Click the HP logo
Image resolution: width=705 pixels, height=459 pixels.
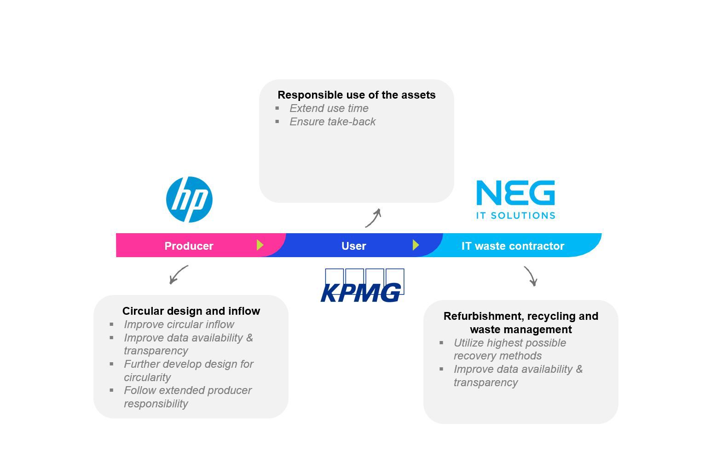click(189, 200)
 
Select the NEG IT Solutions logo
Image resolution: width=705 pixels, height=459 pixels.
click(515, 199)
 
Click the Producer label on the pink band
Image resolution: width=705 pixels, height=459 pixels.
click(189, 246)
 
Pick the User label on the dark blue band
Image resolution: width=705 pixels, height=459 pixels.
click(353, 246)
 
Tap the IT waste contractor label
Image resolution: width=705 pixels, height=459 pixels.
click(513, 246)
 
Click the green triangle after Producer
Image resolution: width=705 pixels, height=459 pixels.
click(260, 245)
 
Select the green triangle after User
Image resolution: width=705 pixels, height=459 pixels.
click(416, 245)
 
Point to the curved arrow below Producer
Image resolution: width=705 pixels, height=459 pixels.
click(178, 274)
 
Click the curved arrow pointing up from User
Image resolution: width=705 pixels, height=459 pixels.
click(374, 218)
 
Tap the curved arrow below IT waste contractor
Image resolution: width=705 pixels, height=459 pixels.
click(531, 276)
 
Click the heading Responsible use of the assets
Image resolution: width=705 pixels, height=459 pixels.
click(356, 95)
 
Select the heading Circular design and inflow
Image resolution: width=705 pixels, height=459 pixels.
click(191, 311)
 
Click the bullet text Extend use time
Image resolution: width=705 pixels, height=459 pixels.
click(329, 108)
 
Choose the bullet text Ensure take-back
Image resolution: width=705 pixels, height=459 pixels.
click(332, 122)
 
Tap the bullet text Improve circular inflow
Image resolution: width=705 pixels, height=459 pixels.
click(179, 324)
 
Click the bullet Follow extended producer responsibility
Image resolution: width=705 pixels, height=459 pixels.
click(187, 397)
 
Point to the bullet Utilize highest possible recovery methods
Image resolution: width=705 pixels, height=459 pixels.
click(509, 349)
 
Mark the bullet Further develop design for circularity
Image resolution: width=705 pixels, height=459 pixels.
click(188, 371)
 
